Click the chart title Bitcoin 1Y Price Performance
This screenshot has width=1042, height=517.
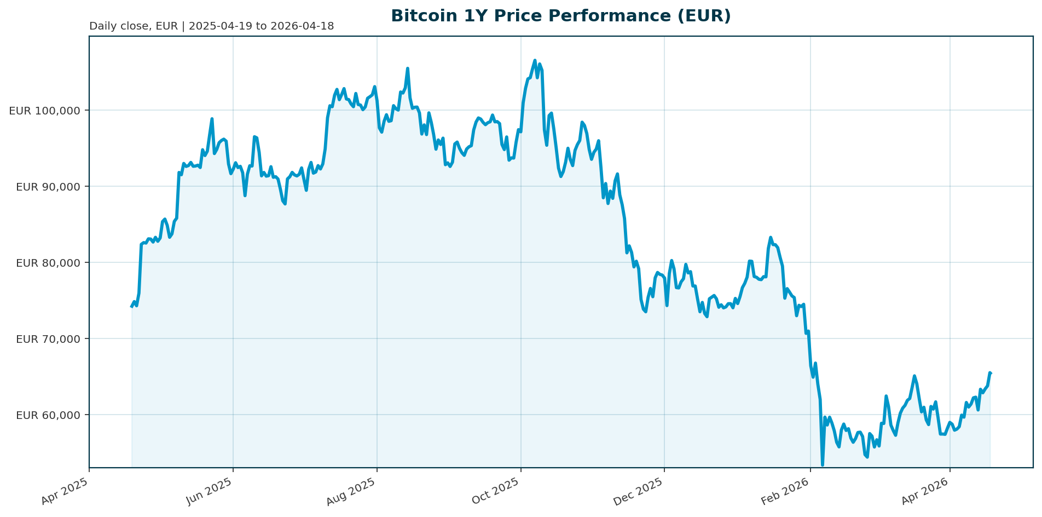click(560, 16)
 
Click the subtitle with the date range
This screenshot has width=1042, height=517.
click(211, 26)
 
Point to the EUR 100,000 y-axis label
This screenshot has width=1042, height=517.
click(45, 111)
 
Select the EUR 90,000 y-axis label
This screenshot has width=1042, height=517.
click(48, 187)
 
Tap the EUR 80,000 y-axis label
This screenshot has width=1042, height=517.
click(48, 263)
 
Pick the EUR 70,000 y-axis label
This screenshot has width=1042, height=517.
click(48, 339)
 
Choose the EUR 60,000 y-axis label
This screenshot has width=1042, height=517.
click(48, 415)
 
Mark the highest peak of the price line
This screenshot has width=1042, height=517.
click(535, 61)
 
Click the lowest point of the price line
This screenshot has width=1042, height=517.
click(822, 465)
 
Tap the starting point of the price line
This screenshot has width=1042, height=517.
click(132, 306)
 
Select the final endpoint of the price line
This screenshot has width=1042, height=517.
click(991, 373)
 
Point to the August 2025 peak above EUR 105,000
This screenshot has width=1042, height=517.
click(408, 69)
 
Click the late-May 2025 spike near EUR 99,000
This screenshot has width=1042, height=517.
click(212, 119)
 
